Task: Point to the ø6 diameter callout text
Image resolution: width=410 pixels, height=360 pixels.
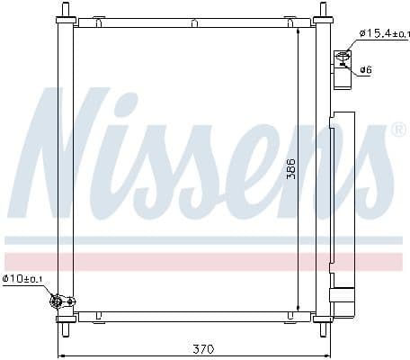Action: [369, 69]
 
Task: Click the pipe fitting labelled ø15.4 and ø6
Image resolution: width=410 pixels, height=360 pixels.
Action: [343, 60]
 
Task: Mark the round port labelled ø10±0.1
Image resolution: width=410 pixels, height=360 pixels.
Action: [58, 301]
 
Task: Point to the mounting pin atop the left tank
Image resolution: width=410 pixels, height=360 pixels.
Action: [63, 13]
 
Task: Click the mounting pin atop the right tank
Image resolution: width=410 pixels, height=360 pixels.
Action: [321, 13]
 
